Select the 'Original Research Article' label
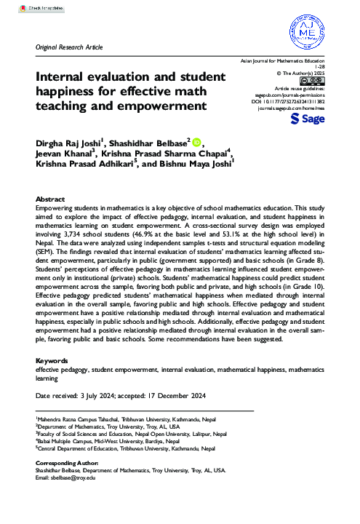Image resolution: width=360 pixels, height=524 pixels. click(69, 47)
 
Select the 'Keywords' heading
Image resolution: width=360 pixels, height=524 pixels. click(53, 361)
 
